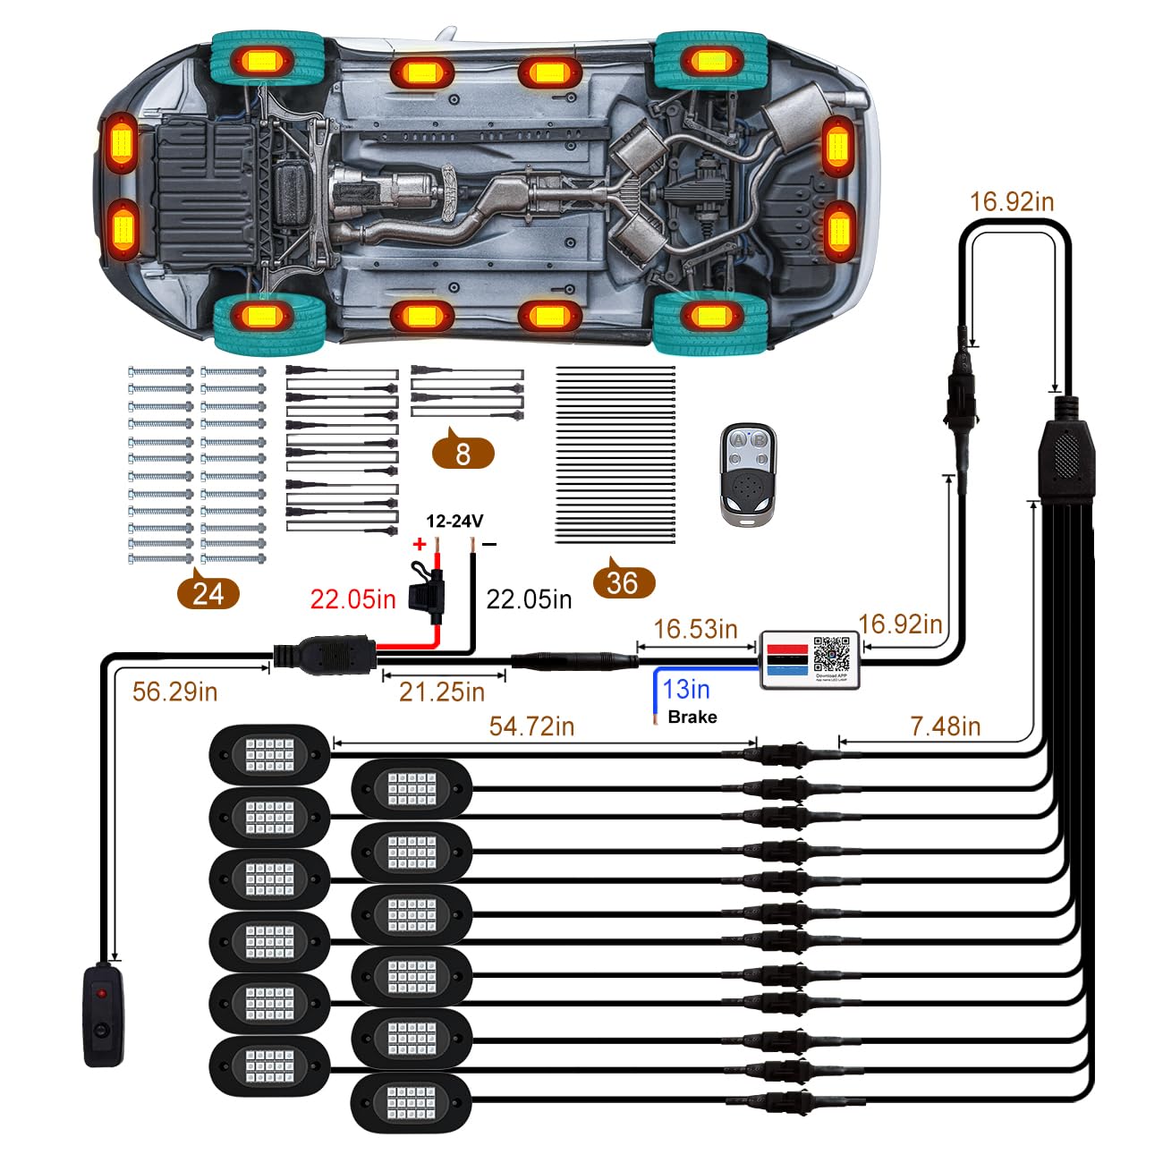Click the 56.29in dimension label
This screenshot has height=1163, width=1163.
174,692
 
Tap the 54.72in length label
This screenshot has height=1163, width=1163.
531,726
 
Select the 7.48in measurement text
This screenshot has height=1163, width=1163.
946,726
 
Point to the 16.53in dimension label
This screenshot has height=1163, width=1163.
695,629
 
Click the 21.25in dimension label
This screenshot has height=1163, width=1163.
442,691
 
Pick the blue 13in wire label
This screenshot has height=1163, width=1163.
686,689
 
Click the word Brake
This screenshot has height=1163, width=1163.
692,717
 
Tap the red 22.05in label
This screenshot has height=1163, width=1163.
352,598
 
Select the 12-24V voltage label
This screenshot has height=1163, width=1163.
454,521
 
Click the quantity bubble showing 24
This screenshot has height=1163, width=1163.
208,593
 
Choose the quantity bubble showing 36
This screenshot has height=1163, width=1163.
623,583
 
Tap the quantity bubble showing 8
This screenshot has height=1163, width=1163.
463,454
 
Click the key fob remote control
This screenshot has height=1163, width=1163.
748,472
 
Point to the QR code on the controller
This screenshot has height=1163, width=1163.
832,654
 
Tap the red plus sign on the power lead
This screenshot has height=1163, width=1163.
419,543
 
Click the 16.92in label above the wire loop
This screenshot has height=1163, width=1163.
1012,201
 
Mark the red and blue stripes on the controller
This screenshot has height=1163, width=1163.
787,658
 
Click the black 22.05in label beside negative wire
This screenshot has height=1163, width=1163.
529,598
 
